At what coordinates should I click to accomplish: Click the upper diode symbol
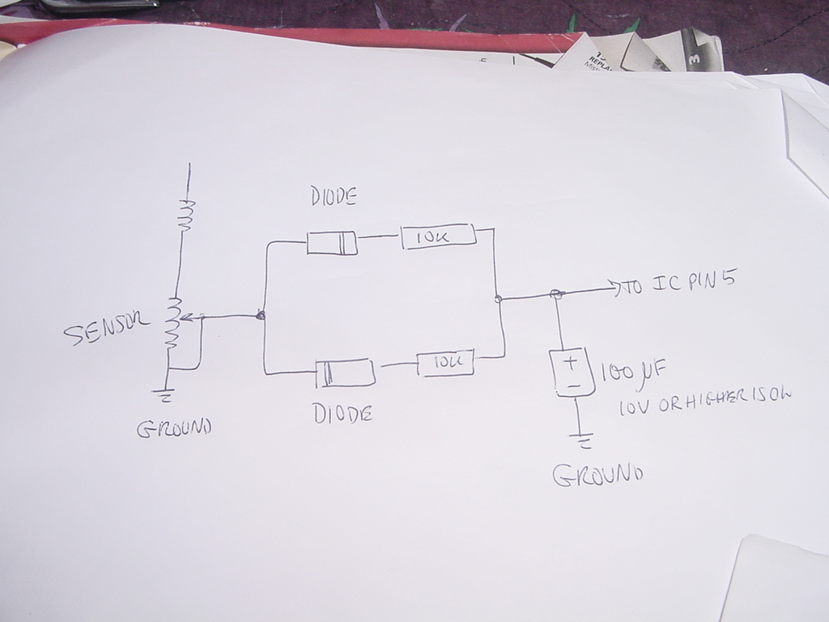[332, 242]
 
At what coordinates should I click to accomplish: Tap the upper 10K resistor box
[437, 236]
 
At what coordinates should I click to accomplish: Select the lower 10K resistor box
[445, 364]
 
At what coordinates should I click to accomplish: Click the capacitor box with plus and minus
[572, 373]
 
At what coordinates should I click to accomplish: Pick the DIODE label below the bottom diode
[343, 415]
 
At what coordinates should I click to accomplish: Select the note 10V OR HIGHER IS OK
[704, 402]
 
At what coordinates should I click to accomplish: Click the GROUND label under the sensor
[174, 428]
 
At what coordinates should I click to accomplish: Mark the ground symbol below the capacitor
[582, 441]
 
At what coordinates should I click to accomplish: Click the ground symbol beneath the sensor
[165, 395]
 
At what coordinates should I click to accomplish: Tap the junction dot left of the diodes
[261, 315]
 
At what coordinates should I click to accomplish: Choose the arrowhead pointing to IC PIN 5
[617, 288]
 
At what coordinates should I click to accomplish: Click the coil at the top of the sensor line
[188, 215]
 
